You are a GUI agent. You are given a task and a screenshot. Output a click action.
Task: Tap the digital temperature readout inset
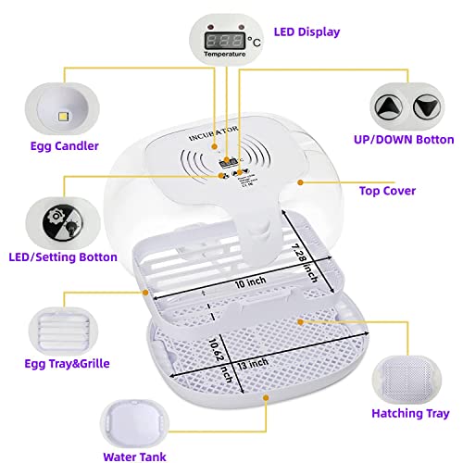click(x=223, y=41)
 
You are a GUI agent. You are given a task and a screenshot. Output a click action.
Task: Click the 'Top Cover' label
click(x=386, y=191)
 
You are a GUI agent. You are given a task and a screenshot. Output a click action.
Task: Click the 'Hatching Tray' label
click(x=409, y=413)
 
